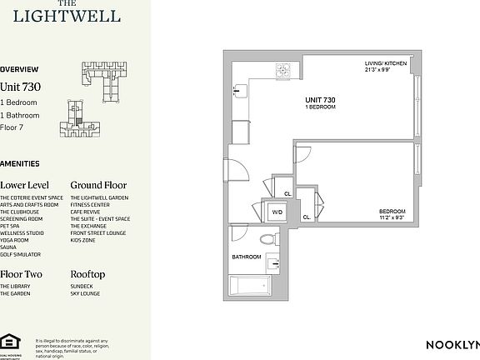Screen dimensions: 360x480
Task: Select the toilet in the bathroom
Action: click(267, 238)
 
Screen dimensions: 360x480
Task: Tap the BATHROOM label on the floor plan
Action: click(247, 256)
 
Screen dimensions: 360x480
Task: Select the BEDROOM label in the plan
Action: click(391, 211)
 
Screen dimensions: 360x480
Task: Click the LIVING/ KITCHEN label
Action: click(384, 63)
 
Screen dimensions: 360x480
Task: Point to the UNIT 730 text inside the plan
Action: click(322, 100)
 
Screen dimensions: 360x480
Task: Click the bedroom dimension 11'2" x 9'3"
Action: click(391, 217)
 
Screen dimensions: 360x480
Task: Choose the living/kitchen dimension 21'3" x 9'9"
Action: click(384, 70)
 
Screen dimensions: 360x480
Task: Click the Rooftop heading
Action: click(87, 274)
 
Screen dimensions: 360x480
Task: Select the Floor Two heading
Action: click(21, 274)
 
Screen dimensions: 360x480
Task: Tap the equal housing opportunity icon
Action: click(10, 340)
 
